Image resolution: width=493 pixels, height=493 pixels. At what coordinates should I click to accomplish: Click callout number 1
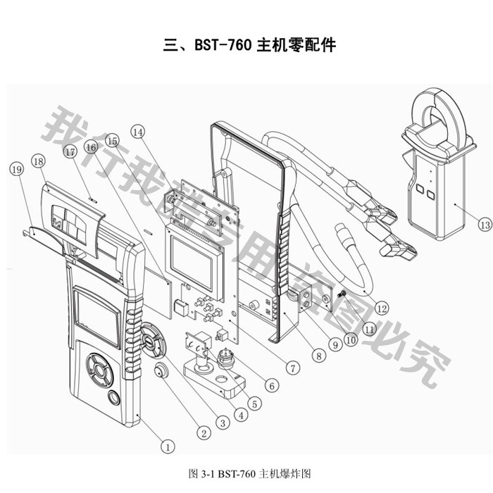[x=168, y=446]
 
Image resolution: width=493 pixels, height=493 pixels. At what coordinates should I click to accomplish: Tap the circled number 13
[x=483, y=225]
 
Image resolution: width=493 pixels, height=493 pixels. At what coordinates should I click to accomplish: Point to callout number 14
[x=137, y=132]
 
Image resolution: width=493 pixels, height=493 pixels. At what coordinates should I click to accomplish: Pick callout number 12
[x=382, y=308]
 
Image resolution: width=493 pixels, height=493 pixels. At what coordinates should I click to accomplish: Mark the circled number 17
[x=69, y=151]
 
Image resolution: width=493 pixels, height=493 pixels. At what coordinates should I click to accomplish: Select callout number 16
[x=89, y=146]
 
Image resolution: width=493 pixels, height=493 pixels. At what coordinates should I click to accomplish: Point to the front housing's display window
[x=99, y=319]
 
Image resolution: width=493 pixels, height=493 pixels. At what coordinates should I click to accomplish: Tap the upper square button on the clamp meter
[x=420, y=189]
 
